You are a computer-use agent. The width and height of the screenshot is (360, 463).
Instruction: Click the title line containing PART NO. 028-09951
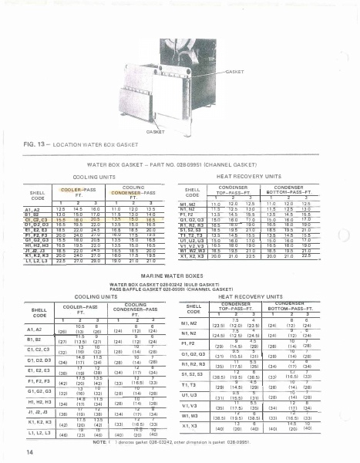point(183,164)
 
